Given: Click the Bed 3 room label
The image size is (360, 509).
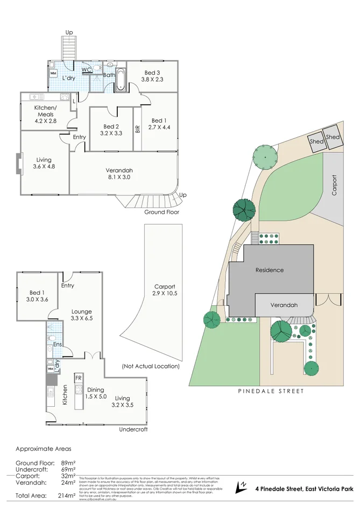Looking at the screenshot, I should click(152, 73).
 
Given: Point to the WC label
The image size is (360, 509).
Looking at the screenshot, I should click(86, 70).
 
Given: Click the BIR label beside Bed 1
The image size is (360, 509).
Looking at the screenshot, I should click(138, 129).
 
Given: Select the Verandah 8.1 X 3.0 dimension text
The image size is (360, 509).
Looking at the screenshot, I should click(119, 177).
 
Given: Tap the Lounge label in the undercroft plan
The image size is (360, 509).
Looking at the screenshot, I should click(82, 312).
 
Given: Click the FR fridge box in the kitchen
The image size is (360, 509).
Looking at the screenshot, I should click(77, 378).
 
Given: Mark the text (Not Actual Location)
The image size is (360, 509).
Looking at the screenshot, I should click(151, 366).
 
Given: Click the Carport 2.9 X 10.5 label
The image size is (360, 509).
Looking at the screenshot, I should click(165, 290).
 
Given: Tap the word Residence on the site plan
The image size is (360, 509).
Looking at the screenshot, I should click(269, 270).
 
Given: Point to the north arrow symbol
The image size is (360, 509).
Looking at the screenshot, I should click(241, 487).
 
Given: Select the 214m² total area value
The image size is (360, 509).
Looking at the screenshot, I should click(68, 496).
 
